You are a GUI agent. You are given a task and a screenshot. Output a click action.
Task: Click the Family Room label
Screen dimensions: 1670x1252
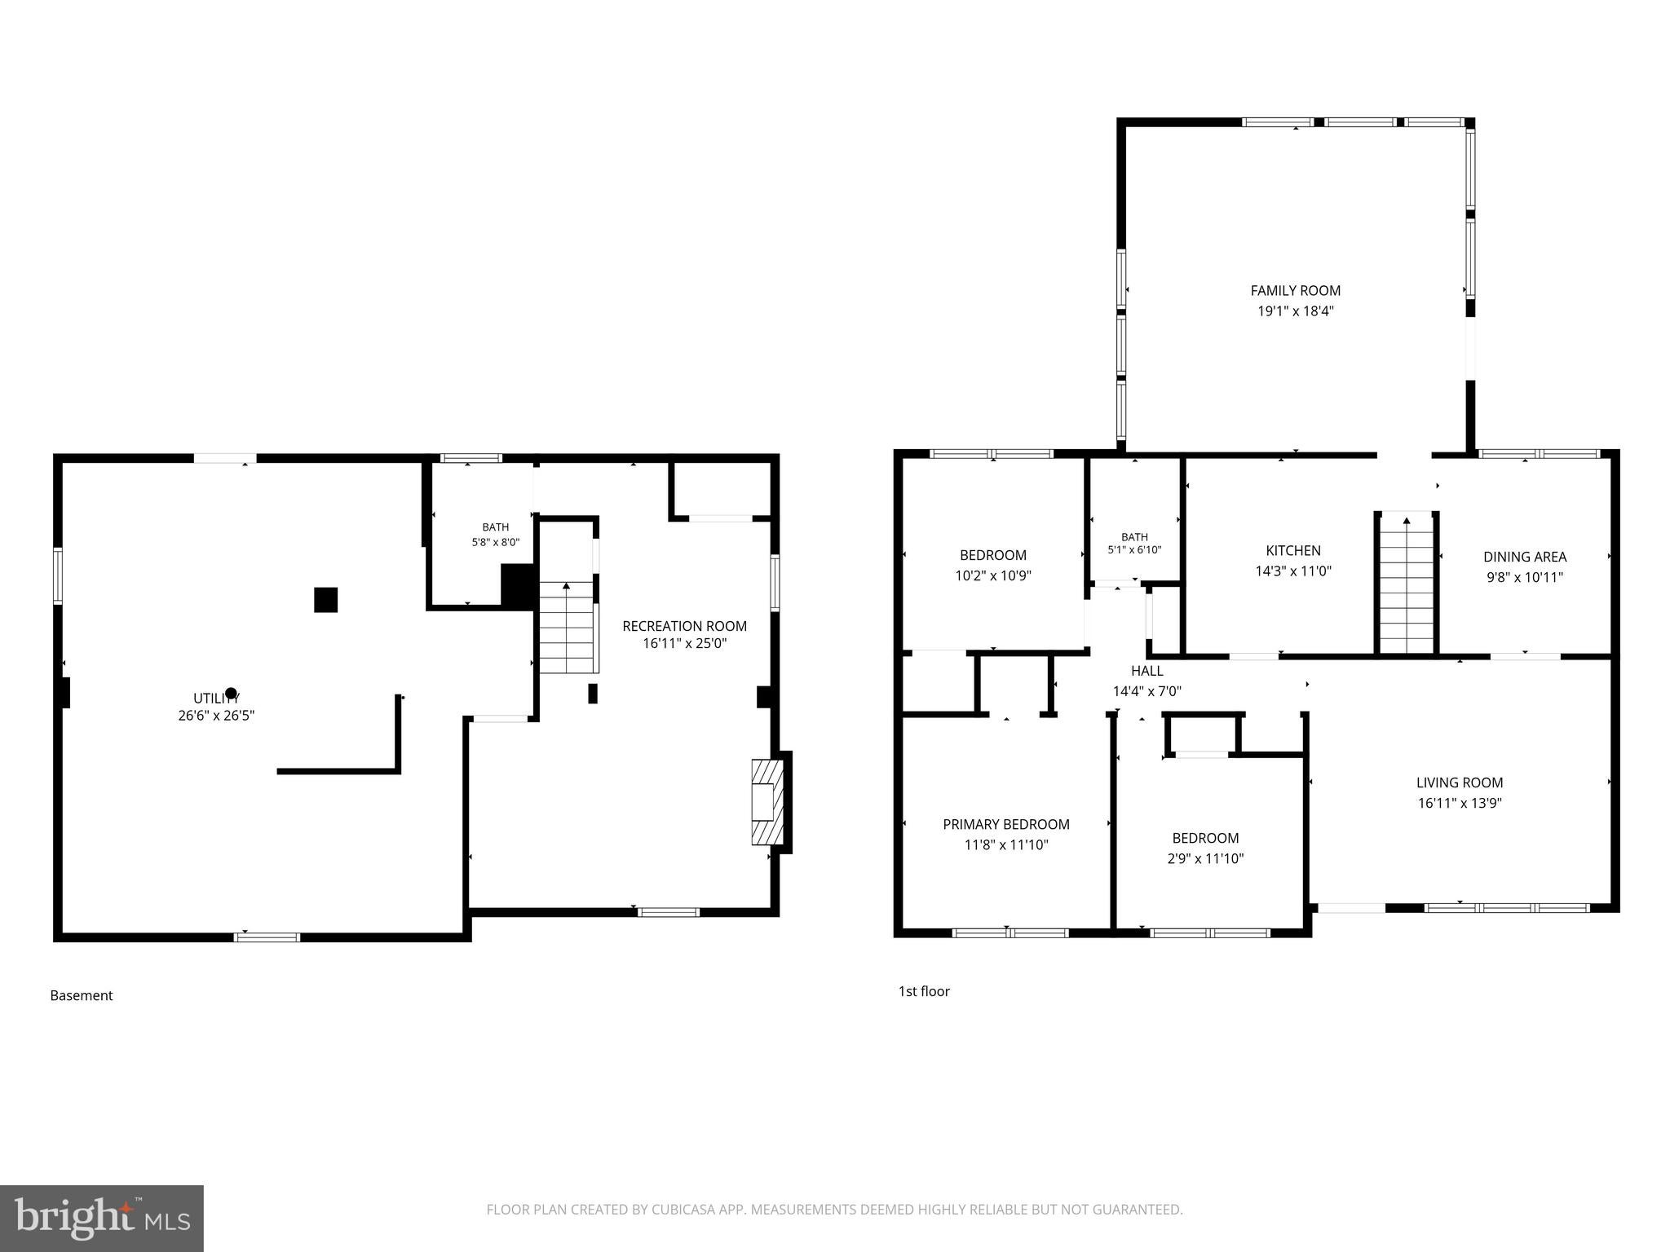click(x=1295, y=290)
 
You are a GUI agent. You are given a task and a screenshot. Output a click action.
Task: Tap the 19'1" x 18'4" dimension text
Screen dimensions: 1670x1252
click(x=1295, y=311)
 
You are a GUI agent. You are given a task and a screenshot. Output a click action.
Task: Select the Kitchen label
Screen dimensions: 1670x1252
click(x=1293, y=550)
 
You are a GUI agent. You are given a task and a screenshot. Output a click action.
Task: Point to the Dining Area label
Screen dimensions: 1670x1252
click(x=1525, y=557)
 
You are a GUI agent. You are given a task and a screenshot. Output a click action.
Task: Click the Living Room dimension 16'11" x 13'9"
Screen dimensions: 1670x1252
click(x=1460, y=803)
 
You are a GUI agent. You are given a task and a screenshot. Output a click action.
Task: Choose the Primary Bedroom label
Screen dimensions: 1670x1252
click(x=1006, y=824)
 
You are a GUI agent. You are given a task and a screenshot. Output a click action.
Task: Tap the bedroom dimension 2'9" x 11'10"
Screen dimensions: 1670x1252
click(x=1205, y=858)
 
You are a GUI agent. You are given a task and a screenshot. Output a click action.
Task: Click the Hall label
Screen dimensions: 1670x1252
click(x=1146, y=671)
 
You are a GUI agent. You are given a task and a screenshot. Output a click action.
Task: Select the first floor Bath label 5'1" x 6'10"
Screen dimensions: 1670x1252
click(x=1134, y=543)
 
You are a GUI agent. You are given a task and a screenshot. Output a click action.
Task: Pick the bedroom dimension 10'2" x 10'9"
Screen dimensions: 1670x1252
click(x=993, y=575)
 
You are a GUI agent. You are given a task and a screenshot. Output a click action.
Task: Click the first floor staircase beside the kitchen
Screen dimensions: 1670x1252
click(x=1407, y=583)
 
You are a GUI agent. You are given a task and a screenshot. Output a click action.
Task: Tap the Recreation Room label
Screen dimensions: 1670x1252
click(x=684, y=626)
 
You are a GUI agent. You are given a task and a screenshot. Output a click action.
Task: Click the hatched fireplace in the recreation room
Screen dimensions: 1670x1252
click(x=767, y=802)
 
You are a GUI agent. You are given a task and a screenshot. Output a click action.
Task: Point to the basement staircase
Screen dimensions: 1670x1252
click(x=567, y=627)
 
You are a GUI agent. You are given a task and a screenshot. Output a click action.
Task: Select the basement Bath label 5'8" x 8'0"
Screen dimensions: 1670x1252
click(x=495, y=534)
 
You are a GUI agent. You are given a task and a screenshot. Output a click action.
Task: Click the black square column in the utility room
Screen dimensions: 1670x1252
click(x=325, y=600)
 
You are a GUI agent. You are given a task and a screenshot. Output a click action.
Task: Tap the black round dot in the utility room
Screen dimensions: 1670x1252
click(x=231, y=693)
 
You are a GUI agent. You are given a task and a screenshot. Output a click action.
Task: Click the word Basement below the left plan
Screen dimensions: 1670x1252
click(x=82, y=995)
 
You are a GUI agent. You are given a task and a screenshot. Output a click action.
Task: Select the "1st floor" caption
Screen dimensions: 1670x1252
click(x=924, y=991)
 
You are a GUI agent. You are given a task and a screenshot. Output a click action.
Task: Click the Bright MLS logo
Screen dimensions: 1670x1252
click(x=102, y=1218)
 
